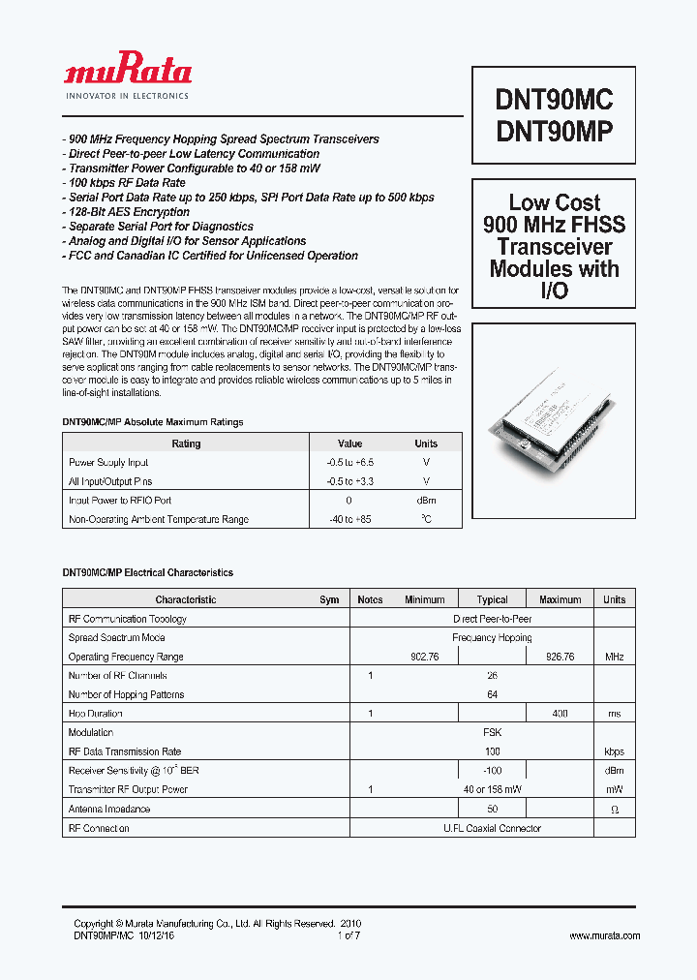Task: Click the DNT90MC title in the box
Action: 554,101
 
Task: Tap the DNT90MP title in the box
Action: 554,132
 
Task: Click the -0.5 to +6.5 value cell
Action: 349,463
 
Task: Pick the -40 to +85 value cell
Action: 349,520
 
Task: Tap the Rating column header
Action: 186,444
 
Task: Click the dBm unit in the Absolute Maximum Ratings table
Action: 426,501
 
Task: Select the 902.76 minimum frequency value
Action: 425,657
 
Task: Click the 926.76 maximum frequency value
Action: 560,657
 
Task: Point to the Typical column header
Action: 492,599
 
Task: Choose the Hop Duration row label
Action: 97,714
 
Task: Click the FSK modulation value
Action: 492,733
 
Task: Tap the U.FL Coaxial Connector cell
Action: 492,828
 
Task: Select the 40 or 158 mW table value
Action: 492,790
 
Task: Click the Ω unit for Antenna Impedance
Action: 614,810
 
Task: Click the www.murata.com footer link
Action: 604,936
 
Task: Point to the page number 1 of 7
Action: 348,936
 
